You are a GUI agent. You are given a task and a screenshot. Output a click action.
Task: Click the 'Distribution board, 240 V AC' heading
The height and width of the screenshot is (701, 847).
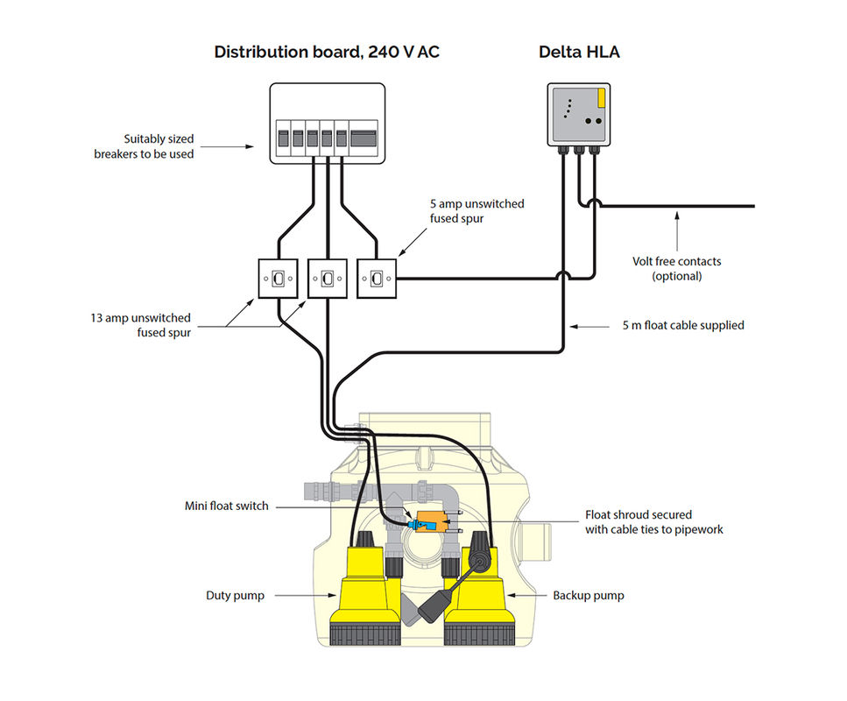[327, 53]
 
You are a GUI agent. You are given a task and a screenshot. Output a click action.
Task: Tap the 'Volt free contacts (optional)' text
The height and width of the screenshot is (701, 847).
[677, 268]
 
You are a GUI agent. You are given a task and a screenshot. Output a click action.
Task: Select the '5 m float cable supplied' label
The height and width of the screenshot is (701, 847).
[683, 325]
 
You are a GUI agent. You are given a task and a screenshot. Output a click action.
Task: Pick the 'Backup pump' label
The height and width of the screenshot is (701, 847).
[588, 596]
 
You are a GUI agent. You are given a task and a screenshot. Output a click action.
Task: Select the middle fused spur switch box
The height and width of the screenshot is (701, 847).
[328, 279]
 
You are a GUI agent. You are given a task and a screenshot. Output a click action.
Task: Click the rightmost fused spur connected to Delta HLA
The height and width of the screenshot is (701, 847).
[377, 279]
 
